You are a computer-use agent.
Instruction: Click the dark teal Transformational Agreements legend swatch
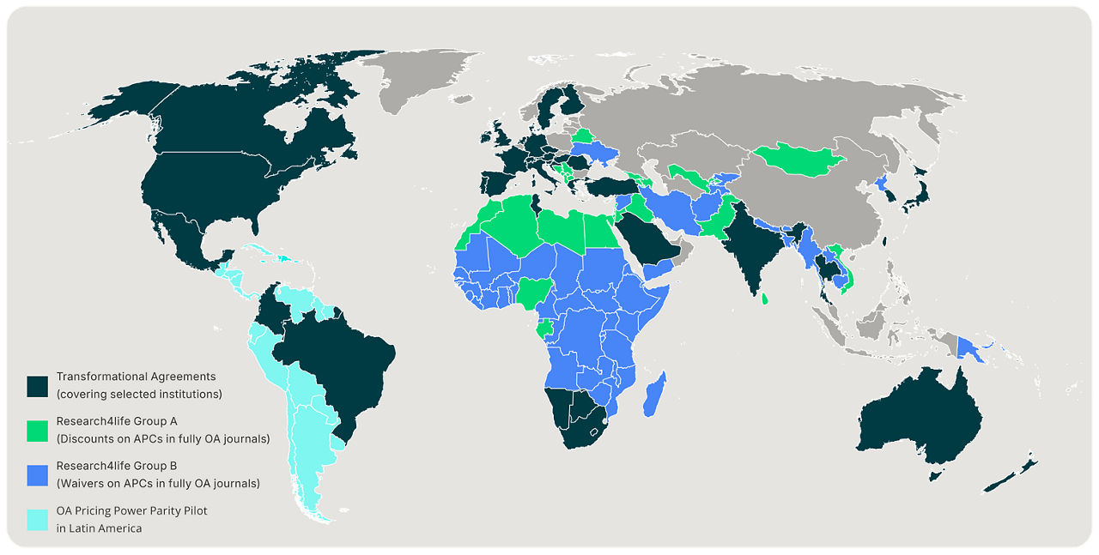click(37, 386)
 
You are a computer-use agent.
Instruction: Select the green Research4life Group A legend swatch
click(37, 431)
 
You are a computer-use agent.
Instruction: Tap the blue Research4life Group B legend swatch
click(37, 474)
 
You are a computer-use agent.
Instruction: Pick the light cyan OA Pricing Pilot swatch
click(37, 519)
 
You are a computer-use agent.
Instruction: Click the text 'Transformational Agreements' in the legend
click(136, 377)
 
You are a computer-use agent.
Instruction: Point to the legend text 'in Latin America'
click(99, 528)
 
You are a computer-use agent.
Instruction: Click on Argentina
click(313, 446)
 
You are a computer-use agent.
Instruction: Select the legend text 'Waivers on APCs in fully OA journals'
click(158, 484)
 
